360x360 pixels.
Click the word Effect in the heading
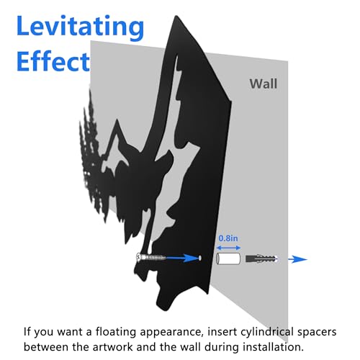pyautogui.click(x=53, y=61)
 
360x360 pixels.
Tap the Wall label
pyautogui.click(x=264, y=84)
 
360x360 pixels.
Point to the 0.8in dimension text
pyautogui.click(x=228, y=238)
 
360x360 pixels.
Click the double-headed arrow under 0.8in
pyautogui.click(x=228, y=248)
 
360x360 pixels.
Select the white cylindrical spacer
pyautogui.click(x=228, y=258)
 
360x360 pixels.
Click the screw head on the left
pyautogui.click(x=139, y=257)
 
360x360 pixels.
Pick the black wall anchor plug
pyautogui.click(x=261, y=258)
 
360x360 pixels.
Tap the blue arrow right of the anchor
pyautogui.click(x=297, y=259)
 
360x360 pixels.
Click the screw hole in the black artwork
pyautogui.click(x=199, y=258)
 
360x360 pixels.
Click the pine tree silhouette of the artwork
pyautogui.click(x=91, y=153)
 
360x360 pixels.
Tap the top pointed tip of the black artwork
pyautogui.click(x=176, y=16)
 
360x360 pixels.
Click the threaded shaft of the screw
pyautogui.click(x=153, y=258)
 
